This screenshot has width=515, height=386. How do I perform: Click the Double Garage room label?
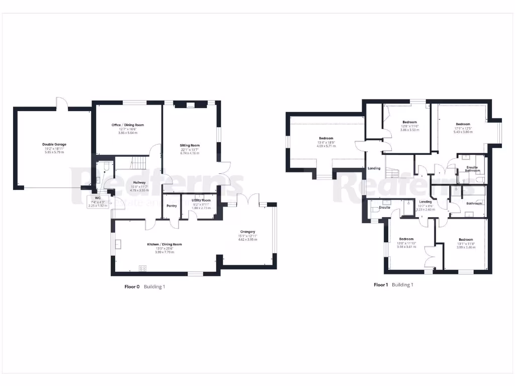click(x=54, y=144)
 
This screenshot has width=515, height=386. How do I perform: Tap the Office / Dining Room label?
click(x=127, y=125)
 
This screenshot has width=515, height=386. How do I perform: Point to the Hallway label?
click(x=139, y=182)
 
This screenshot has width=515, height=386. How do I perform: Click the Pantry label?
click(x=172, y=205)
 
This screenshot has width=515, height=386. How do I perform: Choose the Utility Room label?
click(x=201, y=200)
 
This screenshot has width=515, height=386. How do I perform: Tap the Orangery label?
click(x=247, y=232)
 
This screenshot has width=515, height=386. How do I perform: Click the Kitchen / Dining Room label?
click(x=164, y=244)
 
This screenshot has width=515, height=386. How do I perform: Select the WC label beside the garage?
click(x=98, y=197)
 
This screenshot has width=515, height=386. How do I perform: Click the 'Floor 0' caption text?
click(x=132, y=286)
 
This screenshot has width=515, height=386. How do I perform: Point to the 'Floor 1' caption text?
click(x=381, y=284)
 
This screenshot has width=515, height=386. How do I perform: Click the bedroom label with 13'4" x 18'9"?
click(x=326, y=138)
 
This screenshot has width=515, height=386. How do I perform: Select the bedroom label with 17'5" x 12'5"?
click(x=463, y=124)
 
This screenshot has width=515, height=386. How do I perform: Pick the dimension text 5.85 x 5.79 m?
click(x=54, y=152)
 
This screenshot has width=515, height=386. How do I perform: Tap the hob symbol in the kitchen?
click(x=142, y=268)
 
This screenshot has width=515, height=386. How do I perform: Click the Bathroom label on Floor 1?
click(x=474, y=204)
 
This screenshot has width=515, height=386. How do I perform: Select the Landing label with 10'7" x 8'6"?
click(x=425, y=202)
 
